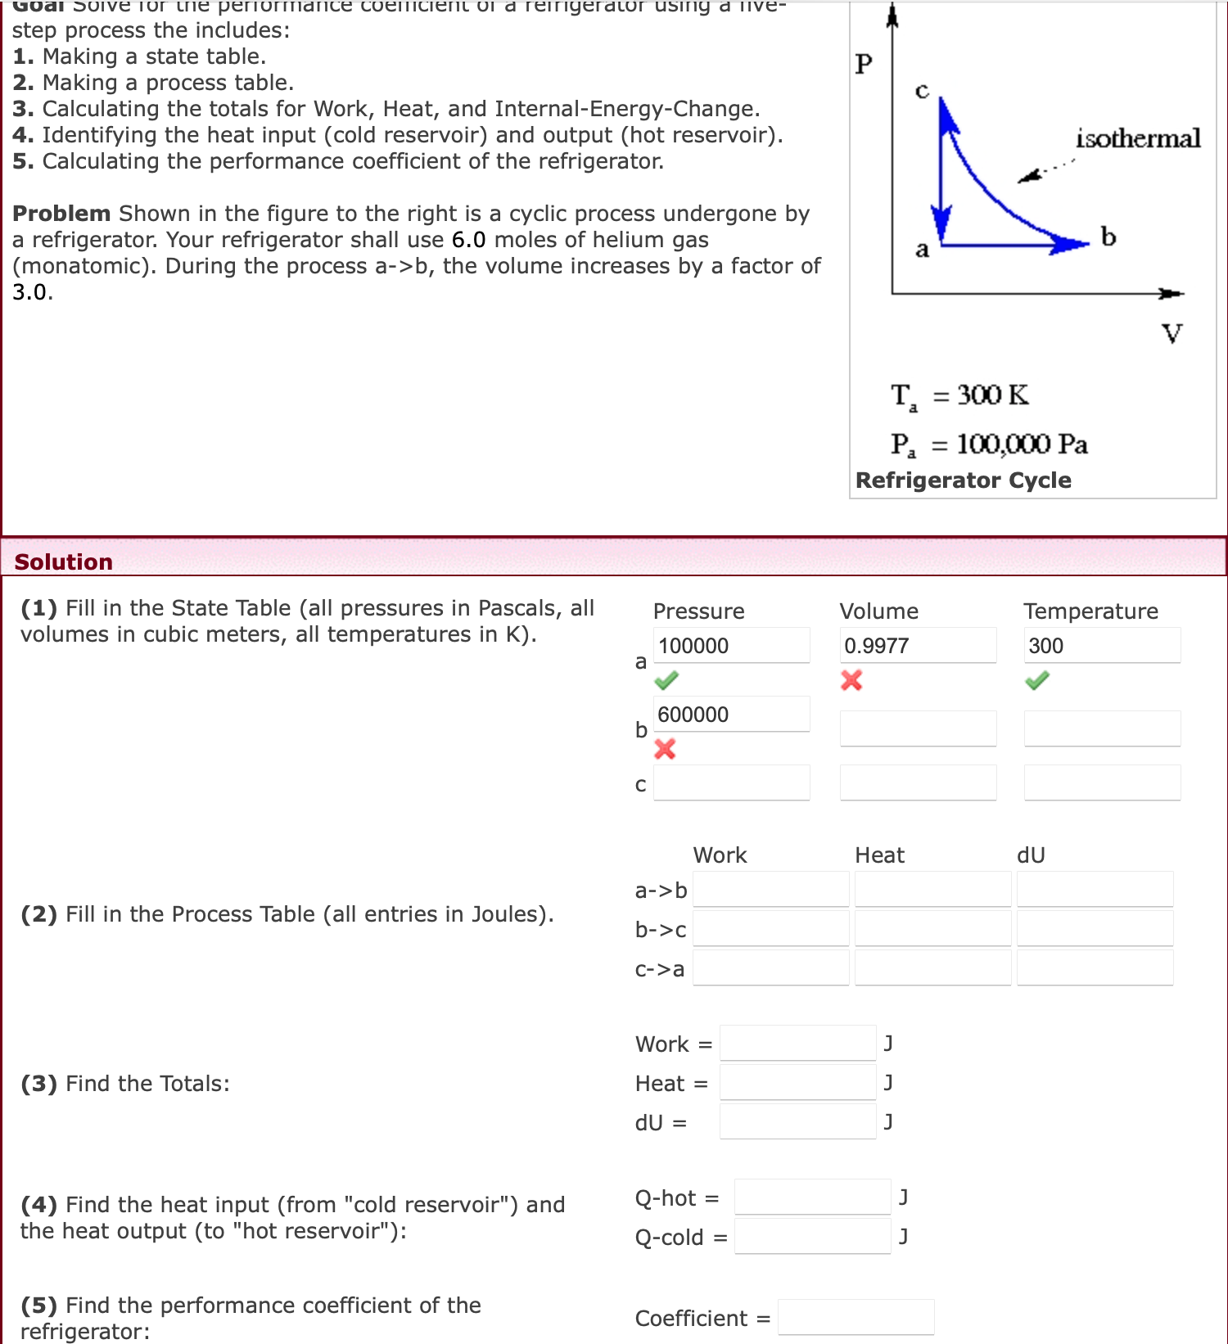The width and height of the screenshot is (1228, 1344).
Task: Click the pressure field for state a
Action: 731,646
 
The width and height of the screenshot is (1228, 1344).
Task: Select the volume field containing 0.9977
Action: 917,646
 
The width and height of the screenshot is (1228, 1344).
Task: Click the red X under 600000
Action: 665,749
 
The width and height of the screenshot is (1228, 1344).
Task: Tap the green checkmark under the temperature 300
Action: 1037,680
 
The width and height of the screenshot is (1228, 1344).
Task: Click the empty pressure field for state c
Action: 731,783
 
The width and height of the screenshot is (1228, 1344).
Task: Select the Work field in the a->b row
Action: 770,890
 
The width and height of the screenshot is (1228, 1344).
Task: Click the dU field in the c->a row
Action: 1095,968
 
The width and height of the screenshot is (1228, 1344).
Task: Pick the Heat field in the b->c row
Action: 932,929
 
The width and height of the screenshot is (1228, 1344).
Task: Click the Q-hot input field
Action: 812,1197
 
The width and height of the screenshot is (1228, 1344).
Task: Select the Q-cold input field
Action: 812,1237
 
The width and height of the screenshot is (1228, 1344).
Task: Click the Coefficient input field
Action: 856,1318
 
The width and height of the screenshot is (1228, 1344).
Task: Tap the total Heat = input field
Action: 797,1083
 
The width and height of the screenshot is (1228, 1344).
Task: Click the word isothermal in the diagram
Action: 1138,138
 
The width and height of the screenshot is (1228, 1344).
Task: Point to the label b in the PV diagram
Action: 1108,237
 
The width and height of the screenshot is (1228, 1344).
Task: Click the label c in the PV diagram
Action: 922,90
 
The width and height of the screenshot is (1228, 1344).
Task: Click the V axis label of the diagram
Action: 1172,333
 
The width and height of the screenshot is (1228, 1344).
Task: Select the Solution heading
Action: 64,562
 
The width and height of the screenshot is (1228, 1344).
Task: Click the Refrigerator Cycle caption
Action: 963,480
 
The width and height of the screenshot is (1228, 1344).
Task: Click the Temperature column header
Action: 1090,611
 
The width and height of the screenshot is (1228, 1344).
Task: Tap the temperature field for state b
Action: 1102,728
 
